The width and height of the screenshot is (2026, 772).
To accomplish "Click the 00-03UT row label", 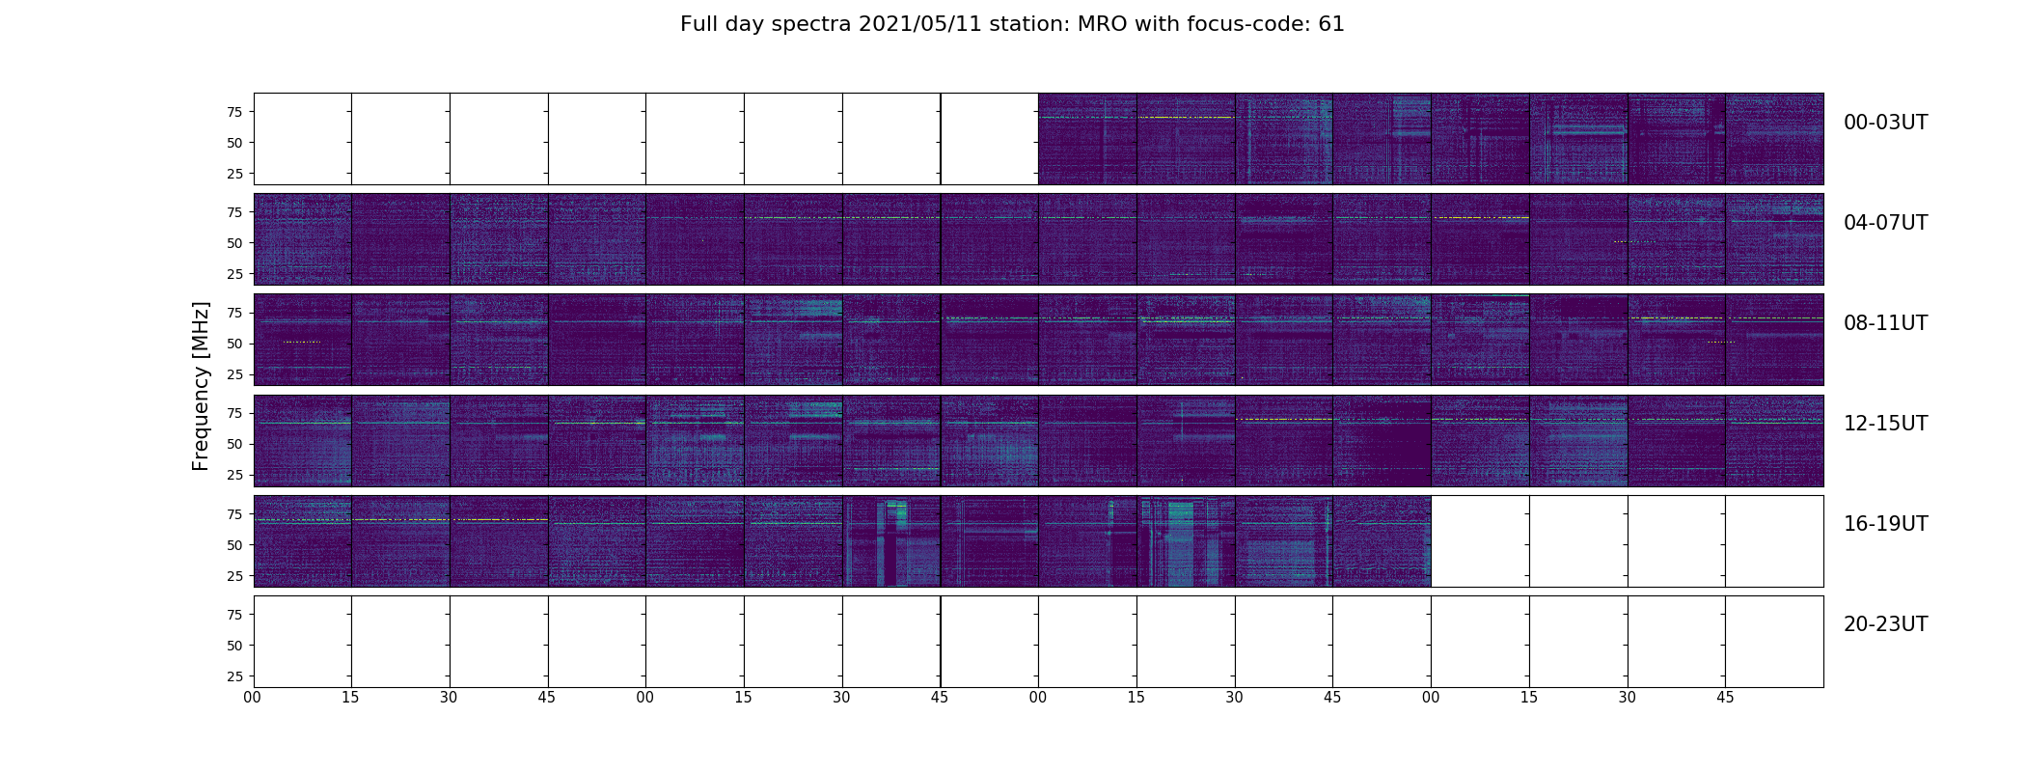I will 1885,123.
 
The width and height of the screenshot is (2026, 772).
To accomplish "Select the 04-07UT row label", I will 1885,223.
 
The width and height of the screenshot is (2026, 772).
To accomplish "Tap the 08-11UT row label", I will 1885,323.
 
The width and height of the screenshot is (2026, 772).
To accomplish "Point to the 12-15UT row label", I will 1885,424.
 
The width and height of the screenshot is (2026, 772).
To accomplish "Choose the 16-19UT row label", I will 1885,524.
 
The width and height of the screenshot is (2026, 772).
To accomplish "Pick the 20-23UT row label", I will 1885,624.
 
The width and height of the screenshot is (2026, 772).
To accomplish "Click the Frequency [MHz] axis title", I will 201,386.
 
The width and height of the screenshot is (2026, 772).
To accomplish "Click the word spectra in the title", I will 812,24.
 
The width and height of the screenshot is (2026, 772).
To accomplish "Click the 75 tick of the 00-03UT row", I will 234,112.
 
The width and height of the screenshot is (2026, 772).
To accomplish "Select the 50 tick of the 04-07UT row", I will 234,243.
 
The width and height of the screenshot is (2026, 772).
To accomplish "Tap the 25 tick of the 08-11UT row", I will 234,374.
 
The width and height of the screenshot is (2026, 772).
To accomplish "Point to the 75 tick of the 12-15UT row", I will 234,413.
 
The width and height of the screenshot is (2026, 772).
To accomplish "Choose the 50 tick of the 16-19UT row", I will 234,545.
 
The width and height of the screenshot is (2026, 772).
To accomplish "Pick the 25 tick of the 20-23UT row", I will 234,676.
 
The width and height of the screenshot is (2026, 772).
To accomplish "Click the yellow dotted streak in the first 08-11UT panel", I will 301,342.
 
